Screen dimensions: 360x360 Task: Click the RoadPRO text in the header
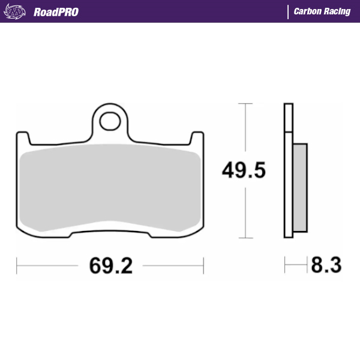tap(56, 12)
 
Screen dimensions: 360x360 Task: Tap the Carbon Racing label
tap(322, 12)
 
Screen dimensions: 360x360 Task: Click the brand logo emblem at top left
tap(16, 11)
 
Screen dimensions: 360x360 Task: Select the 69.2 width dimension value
tap(111, 265)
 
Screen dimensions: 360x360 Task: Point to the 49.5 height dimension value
tap(244, 170)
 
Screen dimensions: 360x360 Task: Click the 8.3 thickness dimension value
tap(326, 265)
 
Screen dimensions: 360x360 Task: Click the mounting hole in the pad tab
tap(110, 122)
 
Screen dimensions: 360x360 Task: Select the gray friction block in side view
tap(300, 189)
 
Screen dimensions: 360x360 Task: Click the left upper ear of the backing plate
tap(22, 137)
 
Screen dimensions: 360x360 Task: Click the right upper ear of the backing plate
tap(197, 137)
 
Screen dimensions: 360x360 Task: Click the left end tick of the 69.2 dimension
tap(17, 265)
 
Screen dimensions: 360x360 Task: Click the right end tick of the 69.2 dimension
tap(203, 265)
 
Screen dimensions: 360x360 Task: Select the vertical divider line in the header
tap(287, 12)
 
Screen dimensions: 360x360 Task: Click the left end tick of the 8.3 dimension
tap(285, 265)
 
